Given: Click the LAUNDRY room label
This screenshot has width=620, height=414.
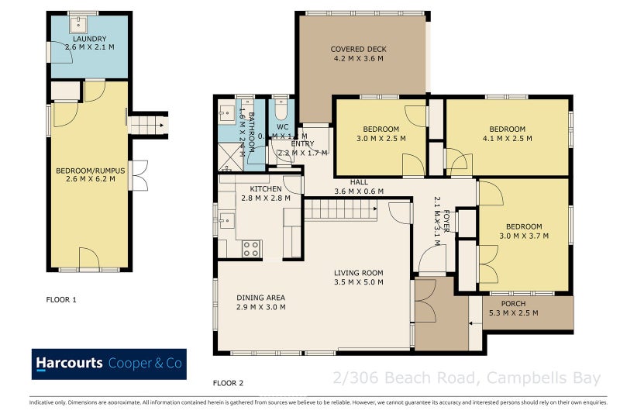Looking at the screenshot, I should coord(89,39).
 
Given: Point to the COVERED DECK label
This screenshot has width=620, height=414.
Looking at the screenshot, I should coord(358,50).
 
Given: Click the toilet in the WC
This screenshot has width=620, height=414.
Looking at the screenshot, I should coord(281,109).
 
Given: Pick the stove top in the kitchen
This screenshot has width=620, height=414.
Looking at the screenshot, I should coord(252,249).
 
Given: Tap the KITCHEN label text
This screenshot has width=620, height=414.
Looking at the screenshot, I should coord(265,189).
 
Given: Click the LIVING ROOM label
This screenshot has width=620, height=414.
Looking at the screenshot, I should coord(359,273).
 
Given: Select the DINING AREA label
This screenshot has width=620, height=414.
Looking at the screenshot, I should coord(261,298).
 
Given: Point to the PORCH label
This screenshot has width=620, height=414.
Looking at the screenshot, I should coord(514,303).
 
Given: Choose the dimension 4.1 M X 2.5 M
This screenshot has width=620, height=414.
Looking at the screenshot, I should coord(508,140).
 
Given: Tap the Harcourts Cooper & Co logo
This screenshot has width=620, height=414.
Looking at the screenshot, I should coord(109,364).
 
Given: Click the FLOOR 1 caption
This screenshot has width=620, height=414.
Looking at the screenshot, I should coord(62,298).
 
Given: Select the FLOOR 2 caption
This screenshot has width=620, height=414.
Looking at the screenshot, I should coord(229,383).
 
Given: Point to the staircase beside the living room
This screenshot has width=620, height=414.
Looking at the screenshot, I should coord(339,209).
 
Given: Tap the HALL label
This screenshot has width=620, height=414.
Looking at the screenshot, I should coord(359,182).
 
